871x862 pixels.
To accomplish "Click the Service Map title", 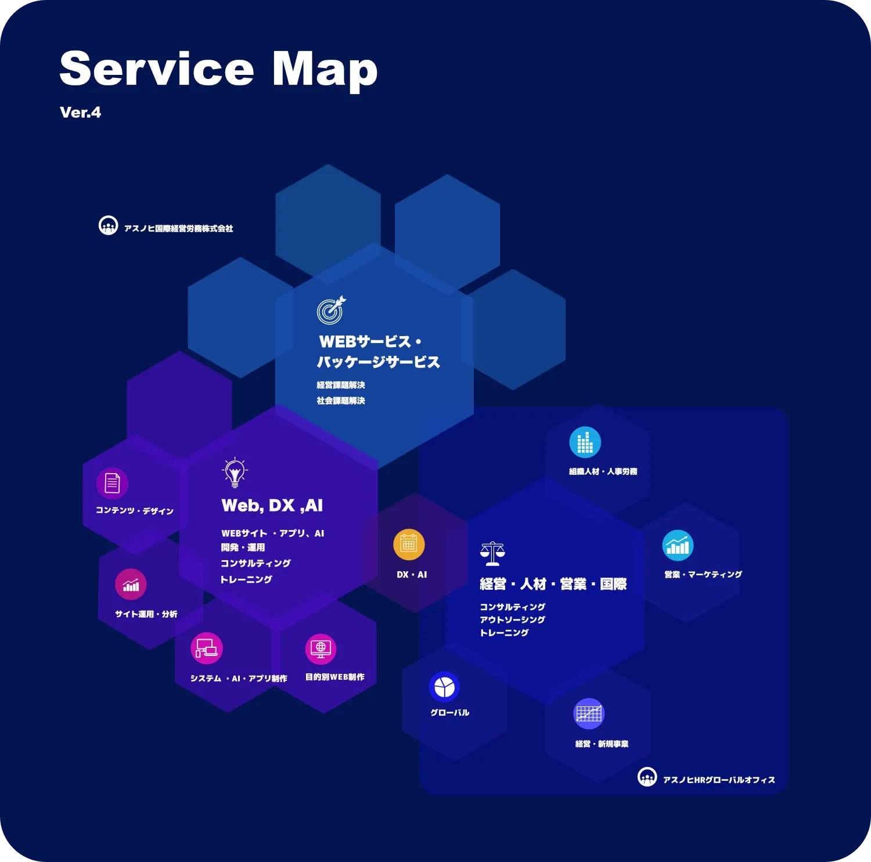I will (218, 69).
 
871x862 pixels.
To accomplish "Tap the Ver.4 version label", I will (80, 113).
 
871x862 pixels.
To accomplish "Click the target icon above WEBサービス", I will (331, 310).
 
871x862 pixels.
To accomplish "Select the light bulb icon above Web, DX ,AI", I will (235, 473).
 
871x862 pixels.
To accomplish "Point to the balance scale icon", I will (492, 554).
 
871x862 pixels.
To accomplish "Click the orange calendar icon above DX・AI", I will (409, 544).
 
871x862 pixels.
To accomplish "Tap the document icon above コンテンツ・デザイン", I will (112, 483).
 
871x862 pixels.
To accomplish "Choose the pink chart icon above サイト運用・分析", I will (131, 585).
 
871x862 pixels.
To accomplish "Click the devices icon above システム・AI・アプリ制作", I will (207, 648).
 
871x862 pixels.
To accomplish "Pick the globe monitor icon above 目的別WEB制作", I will (321, 648).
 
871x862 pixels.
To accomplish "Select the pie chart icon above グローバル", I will (444, 687).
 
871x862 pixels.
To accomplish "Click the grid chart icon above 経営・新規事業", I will (589, 713).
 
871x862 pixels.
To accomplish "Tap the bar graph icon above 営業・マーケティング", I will (678, 546).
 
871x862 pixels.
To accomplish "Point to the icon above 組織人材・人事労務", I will (585, 442).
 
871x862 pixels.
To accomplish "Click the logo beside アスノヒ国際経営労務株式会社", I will (109, 226).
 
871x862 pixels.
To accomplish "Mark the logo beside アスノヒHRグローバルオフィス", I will (647, 777).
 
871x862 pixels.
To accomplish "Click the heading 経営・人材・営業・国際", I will (553, 584).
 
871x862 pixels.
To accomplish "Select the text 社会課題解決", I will (341, 401).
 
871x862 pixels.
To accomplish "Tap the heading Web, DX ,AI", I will (272, 506).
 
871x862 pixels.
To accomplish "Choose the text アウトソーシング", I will (512, 620).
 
